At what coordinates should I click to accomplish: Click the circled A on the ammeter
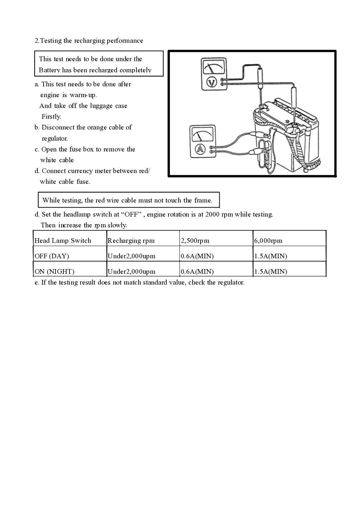[x=200, y=149]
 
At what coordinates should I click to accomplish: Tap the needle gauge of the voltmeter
[x=214, y=67]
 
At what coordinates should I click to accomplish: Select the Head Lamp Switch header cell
[x=63, y=241]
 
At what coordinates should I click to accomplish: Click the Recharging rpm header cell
[x=131, y=241]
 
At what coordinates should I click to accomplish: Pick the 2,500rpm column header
[x=195, y=241]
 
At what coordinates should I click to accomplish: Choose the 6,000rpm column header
[x=268, y=241]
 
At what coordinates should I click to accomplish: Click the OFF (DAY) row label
[x=51, y=256]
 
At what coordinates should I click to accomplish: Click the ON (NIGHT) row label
[x=54, y=272]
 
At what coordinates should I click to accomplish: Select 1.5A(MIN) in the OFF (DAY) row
[x=270, y=256]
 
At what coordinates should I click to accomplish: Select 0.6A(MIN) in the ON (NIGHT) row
[x=197, y=272]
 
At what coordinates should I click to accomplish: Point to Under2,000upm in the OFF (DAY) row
[x=131, y=256]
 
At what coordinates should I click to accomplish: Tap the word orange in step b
[x=96, y=127]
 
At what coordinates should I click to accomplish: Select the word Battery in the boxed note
[x=50, y=70]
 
